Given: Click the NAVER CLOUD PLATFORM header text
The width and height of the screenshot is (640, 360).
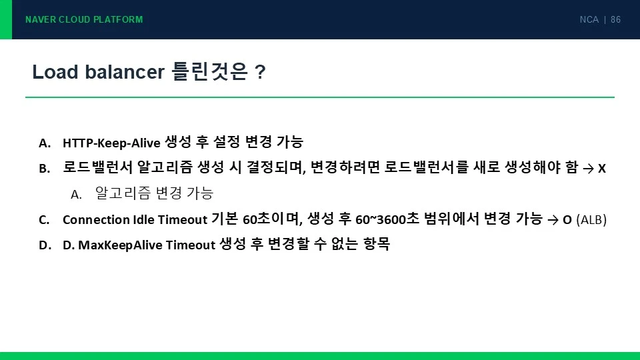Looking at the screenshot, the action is pyautogui.click(x=84, y=19).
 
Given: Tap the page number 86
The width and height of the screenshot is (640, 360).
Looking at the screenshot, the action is pyautogui.click(x=615, y=19).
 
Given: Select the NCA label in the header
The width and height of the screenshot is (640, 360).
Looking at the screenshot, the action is pyautogui.click(x=589, y=19).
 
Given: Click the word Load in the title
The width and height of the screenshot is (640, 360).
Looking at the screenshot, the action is pyautogui.click(x=55, y=72).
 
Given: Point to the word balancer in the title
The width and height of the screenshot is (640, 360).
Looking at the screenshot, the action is pyautogui.click(x=125, y=72).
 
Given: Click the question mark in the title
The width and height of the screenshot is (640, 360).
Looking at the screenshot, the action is pyautogui.click(x=260, y=72).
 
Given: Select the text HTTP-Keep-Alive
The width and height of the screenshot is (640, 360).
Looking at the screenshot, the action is pyautogui.click(x=111, y=143).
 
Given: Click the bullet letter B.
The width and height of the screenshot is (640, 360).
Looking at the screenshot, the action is pyautogui.click(x=45, y=168).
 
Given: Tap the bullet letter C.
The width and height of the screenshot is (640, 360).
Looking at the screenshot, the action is pyautogui.click(x=44, y=220).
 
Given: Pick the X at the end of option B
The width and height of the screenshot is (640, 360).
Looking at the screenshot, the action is pyautogui.click(x=601, y=168).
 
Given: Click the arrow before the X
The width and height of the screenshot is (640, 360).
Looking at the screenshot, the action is pyautogui.click(x=588, y=169).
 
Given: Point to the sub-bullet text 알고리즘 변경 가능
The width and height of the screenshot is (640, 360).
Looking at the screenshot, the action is pyautogui.click(x=154, y=193).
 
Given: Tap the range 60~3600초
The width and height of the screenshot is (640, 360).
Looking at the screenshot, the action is pyautogui.click(x=387, y=219).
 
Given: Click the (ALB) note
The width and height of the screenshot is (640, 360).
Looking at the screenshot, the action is pyautogui.click(x=591, y=220).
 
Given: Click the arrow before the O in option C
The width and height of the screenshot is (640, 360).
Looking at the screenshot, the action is pyautogui.click(x=553, y=221).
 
